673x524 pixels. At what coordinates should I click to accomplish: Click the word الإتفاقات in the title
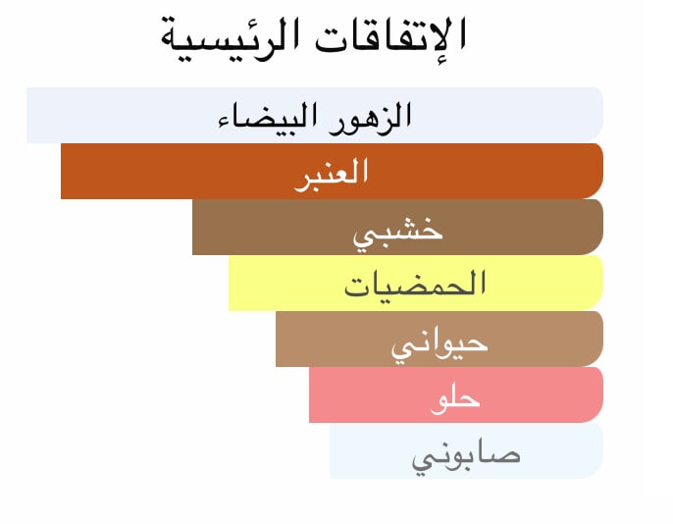click(x=390, y=37)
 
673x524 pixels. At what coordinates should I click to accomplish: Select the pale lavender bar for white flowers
click(x=315, y=115)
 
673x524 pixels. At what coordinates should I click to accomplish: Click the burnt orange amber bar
click(x=333, y=171)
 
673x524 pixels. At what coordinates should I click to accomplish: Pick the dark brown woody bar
click(x=398, y=227)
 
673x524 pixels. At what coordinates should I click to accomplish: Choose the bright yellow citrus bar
click(x=416, y=283)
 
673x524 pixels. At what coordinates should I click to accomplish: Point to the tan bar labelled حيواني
click(x=440, y=339)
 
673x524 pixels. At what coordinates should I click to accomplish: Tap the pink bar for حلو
click(x=456, y=394)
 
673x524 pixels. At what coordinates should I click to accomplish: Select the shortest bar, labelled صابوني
click(x=467, y=450)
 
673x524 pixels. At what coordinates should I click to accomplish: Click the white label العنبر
click(x=332, y=174)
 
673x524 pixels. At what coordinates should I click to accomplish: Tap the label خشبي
click(x=397, y=233)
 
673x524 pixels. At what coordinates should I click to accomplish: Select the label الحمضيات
click(x=415, y=285)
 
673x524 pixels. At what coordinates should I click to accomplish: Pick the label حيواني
click(x=440, y=346)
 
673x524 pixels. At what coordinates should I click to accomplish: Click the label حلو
click(x=455, y=400)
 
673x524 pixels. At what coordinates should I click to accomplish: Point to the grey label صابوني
click(x=466, y=457)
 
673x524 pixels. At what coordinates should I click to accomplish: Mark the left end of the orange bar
click(x=62, y=171)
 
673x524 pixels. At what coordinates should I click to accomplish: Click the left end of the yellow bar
click(x=229, y=283)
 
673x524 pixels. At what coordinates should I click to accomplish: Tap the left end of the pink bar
click(x=309, y=394)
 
